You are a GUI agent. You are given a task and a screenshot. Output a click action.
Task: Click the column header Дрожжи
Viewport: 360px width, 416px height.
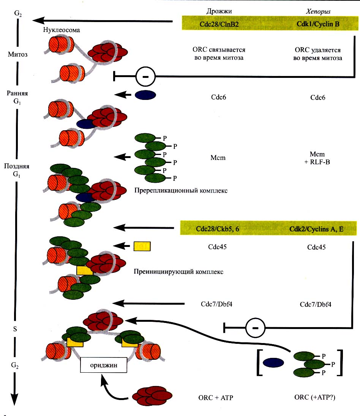(219, 11)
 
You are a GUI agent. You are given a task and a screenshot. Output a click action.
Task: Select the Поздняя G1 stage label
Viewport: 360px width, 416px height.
(16, 170)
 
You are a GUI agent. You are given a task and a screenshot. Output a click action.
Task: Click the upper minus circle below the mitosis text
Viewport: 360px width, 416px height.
(146, 76)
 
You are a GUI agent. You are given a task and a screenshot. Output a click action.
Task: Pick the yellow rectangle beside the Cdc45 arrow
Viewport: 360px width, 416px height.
(142, 246)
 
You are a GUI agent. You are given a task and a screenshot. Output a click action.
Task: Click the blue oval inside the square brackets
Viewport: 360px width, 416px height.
(274, 363)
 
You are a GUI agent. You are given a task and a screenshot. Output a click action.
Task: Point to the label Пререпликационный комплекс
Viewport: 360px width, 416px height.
(181, 191)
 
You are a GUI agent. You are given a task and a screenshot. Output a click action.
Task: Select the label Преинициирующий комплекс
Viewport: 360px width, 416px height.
(178, 272)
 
